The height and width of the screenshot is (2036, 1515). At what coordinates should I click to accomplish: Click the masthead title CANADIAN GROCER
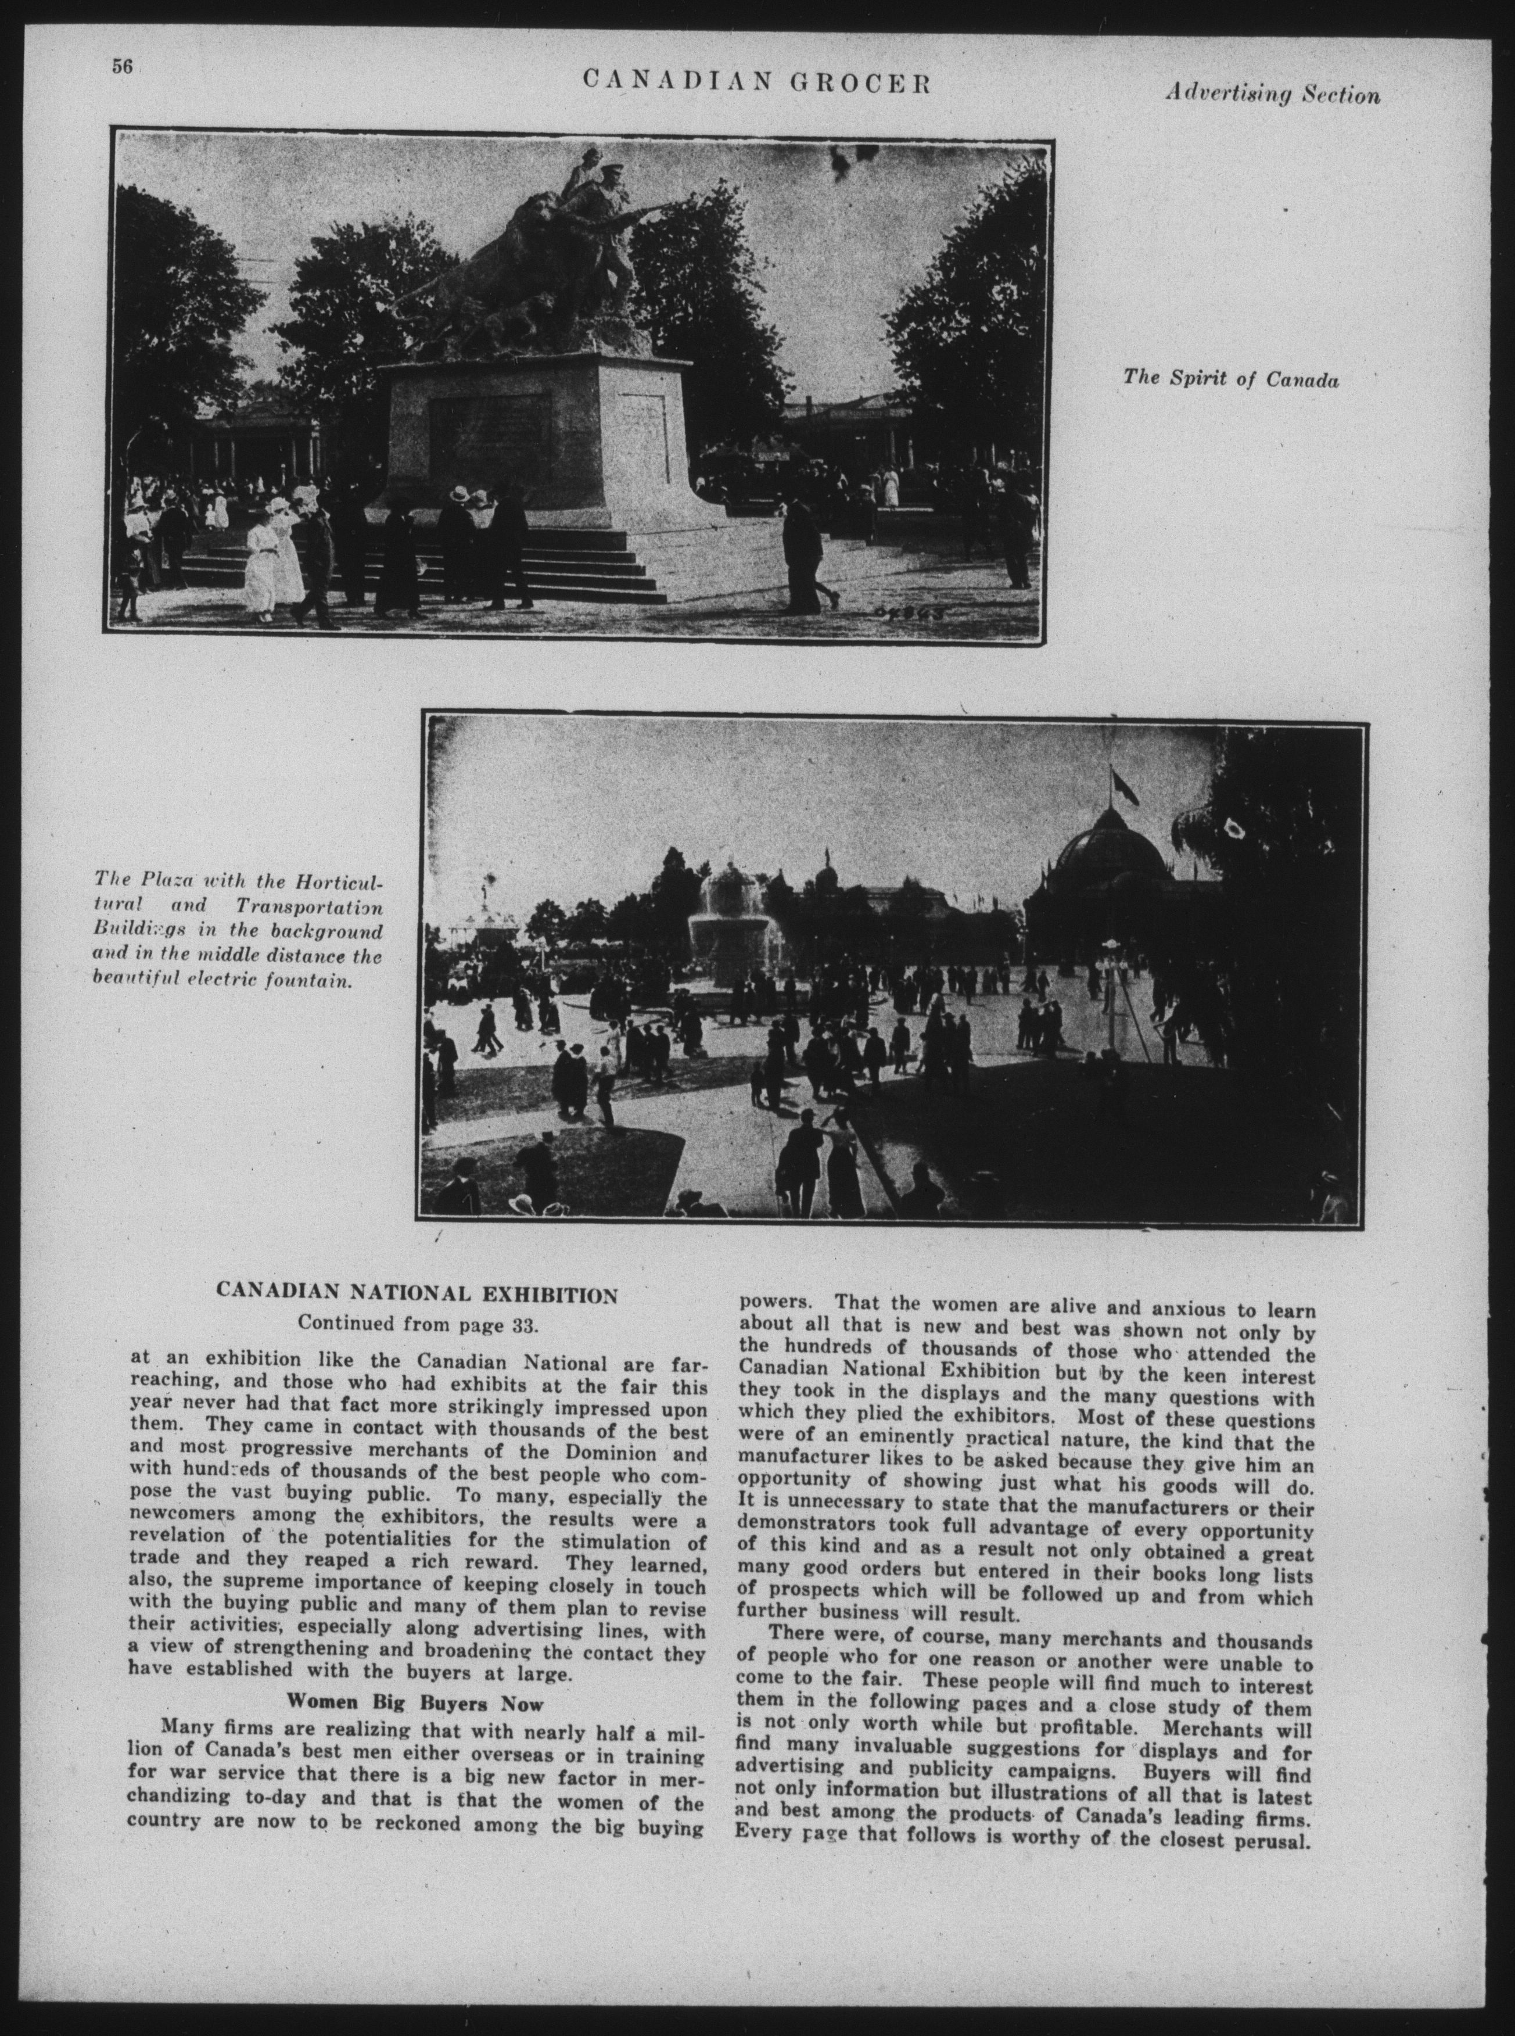[x=756, y=84]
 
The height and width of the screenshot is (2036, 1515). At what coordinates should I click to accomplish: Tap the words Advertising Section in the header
[x=1272, y=95]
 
